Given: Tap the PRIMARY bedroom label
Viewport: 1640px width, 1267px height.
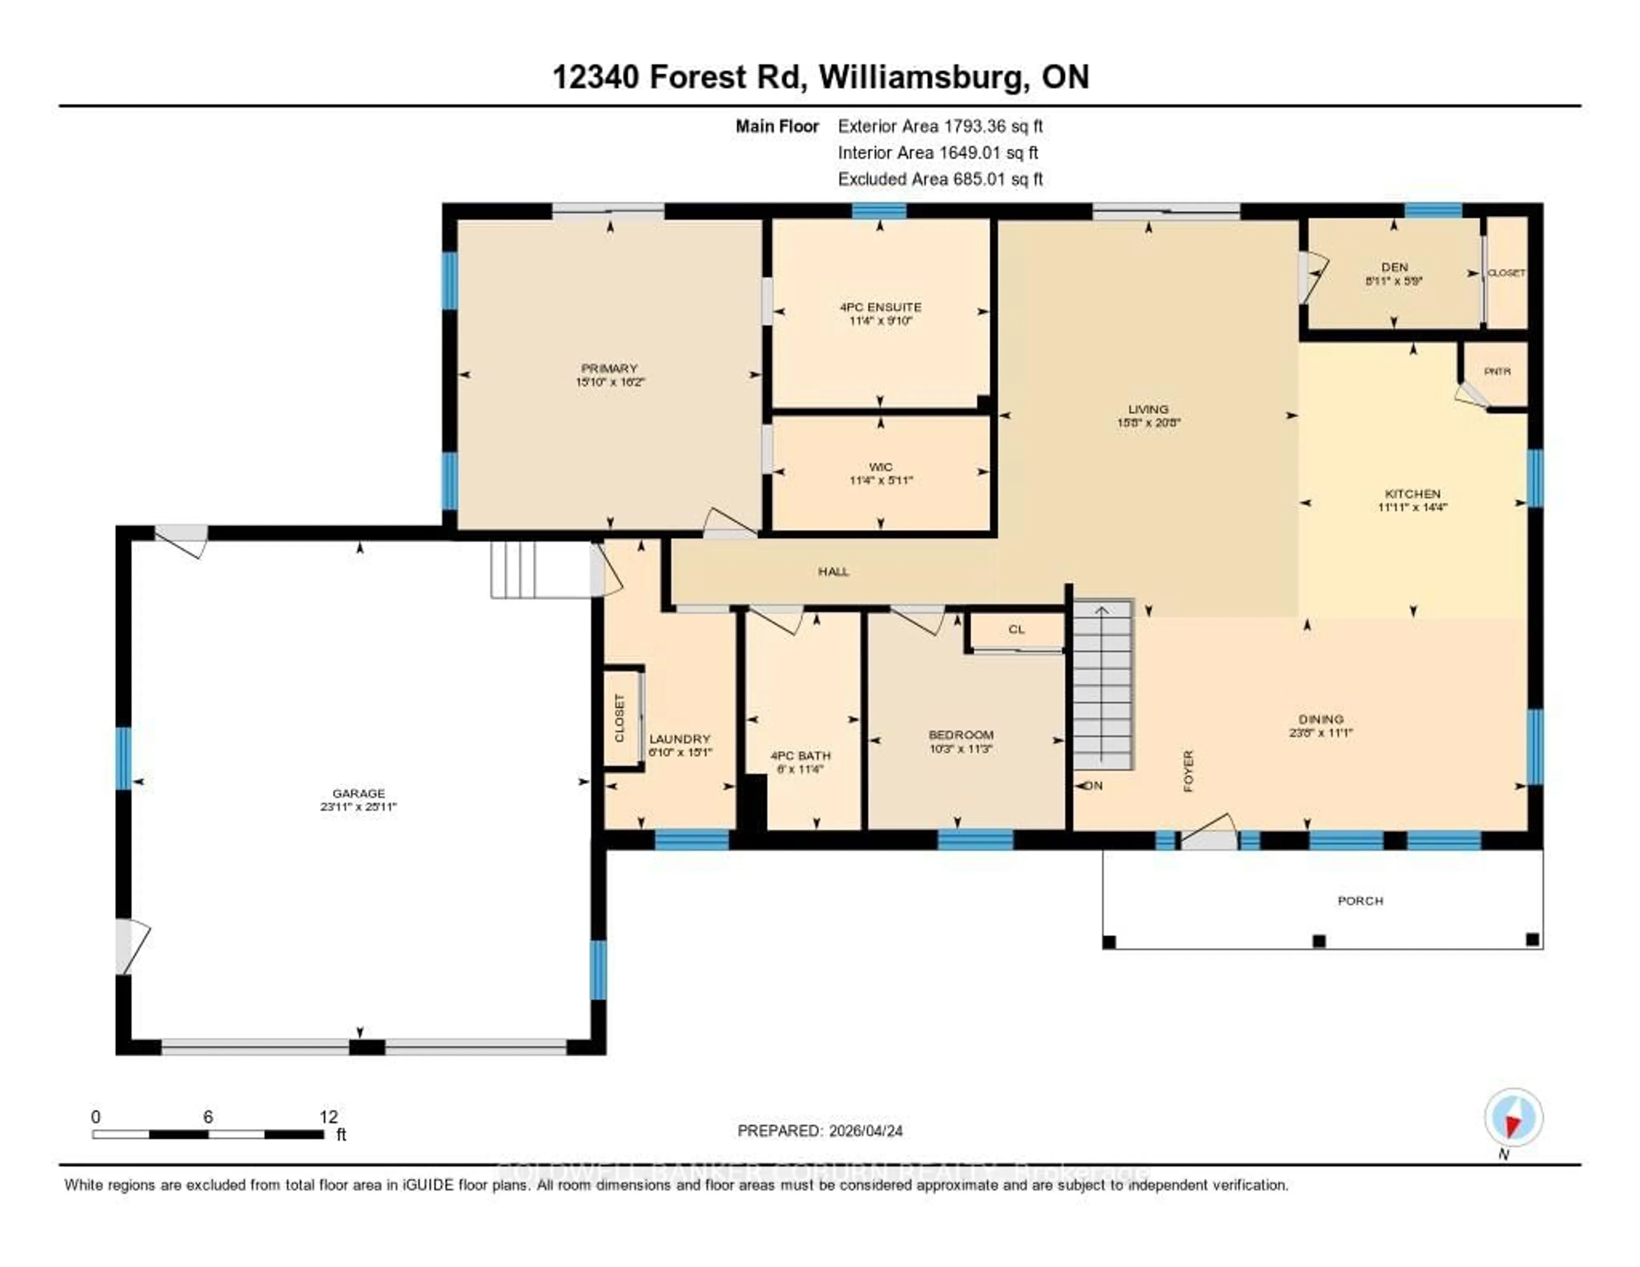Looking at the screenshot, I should [609, 368].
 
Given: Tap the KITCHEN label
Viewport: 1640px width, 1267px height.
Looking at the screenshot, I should [1412, 493].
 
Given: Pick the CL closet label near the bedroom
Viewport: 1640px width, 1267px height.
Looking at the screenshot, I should [1016, 629].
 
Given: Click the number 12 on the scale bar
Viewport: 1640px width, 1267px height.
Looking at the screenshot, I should [328, 1117].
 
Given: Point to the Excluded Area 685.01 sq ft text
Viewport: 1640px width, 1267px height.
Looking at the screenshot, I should [940, 179].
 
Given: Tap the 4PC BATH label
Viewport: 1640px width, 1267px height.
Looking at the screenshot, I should [800, 756].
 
